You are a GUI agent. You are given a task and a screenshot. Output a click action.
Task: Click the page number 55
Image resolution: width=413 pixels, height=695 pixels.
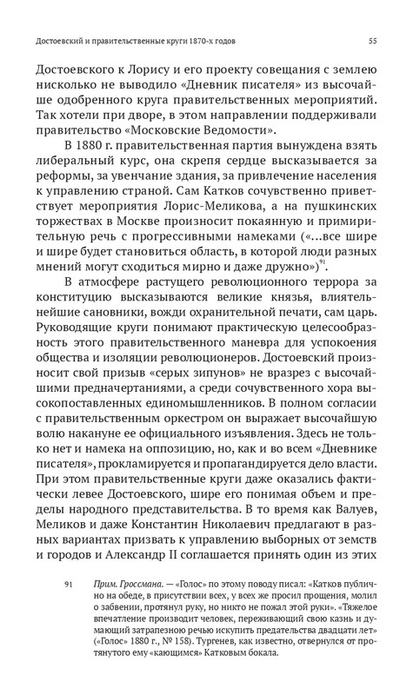point(372,40)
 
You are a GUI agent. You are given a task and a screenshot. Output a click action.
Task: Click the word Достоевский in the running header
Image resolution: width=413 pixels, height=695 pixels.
point(63,40)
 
